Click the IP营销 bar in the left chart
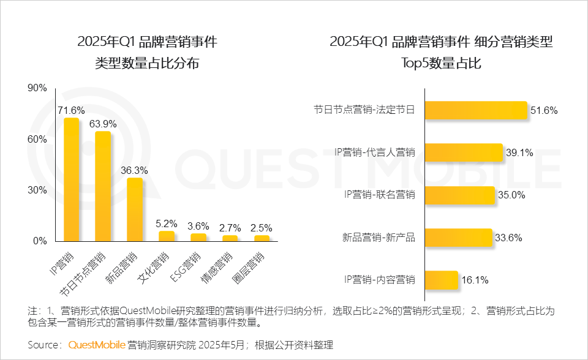tap(72, 179)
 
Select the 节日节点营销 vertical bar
tap(103, 186)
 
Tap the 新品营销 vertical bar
tap(135, 209)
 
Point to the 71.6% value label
tap(71, 111)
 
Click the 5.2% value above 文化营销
tap(166, 224)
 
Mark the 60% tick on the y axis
tap(37, 140)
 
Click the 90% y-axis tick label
tap(37, 88)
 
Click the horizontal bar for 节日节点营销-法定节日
tap(475, 110)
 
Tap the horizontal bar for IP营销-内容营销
tap(441, 280)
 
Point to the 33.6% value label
tap(510, 238)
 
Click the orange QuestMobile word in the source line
tap(97, 345)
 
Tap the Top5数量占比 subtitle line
tap(441, 64)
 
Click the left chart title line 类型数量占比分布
tap(147, 64)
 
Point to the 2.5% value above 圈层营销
tap(262, 227)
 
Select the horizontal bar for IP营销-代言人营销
tap(464, 153)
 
